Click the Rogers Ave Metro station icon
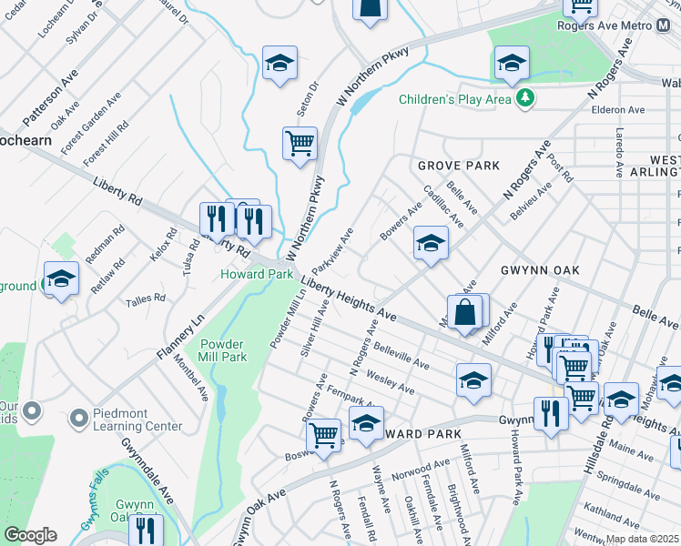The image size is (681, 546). (x=664, y=25)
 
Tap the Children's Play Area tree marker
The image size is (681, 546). (x=524, y=97)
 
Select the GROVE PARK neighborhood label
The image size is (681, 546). (x=459, y=166)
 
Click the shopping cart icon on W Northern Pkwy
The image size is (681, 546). (x=300, y=144)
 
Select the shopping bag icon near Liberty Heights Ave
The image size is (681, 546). (x=464, y=312)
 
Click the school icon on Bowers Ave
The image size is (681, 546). (x=431, y=242)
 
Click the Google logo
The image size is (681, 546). (x=30, y=535)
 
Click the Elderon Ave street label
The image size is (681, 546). (x=618, y=110)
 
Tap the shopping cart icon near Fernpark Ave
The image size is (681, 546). (x=323, y=435)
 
